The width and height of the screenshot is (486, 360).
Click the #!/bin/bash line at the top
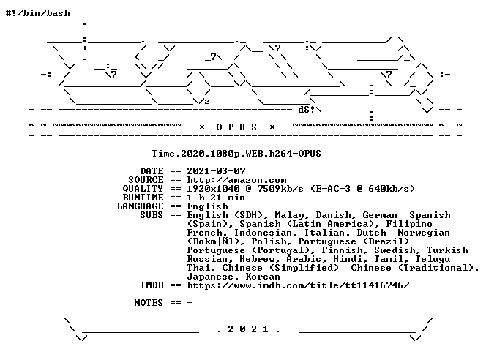[x=38, y=13]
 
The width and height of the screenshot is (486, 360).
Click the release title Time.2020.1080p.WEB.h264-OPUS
[x=236, y=154]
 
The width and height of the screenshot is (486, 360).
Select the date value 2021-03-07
[x=216, y=171]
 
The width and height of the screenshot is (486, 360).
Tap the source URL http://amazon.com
[x=236, y=180]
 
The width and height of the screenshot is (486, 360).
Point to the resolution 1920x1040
[x=213, y=189]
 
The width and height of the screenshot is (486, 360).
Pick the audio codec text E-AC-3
[x=333, y=189]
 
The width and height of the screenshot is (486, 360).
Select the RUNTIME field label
[x=143, y=198]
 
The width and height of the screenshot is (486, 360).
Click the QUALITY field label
[x=143, y=189]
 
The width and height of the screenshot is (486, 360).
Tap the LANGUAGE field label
[x=140, y=206]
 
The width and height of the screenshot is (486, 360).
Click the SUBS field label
[x=152, y=215]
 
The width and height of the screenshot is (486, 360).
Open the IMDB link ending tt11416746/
[x=298, y=285]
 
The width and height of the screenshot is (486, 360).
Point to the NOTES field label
[x=149, y=303]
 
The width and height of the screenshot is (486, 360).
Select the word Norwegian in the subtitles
[x=424, y=233]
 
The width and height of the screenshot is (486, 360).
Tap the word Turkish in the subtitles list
[x=447, y=250]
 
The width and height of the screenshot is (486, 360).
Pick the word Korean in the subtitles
[x=263, y=277]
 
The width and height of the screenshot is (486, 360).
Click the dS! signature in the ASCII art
[x=306, y=109]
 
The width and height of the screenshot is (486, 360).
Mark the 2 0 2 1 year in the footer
[x=248, y=329]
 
